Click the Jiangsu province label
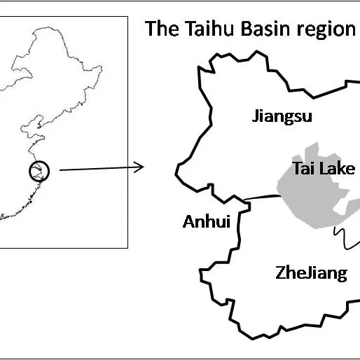[x=282, y=116]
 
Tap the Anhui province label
[x=206, y=222]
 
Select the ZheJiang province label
[x=310, y=272]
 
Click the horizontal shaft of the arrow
[x=98, y=168]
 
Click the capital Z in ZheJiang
[x=279, y=272]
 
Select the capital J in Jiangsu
[x=256, y=116]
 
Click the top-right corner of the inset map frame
[x=127, y=18]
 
